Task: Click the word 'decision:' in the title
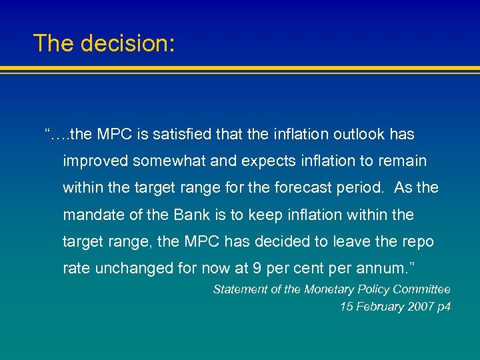click(x=127, y=43)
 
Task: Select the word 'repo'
click(x=419, y=242)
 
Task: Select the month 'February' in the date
click(x=378, y=307)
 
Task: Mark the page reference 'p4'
click(x=444, y=307)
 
